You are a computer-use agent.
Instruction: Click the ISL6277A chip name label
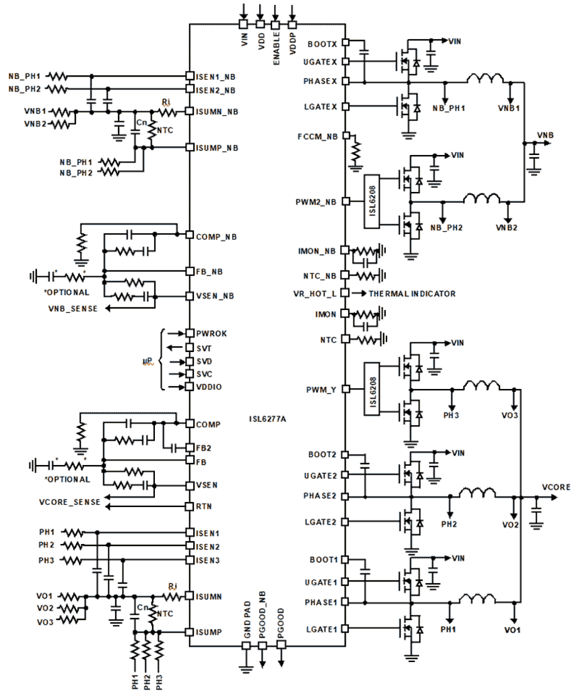pyautogui.click(x=267, y=419)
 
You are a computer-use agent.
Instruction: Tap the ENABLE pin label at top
pyautogui.click(x=277, y=48)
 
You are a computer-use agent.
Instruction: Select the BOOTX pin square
pyautogui.click(x=345, y=42)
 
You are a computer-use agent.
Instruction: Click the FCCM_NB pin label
pyautogui.click(x=317, y=137)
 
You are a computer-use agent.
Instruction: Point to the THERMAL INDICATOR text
pyautogui.click(x=412, y=293)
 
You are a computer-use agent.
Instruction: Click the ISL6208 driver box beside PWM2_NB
pyautogui.click(x=372, y=201)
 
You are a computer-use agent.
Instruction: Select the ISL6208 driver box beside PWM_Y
pyautogui.click(x=372, y=389)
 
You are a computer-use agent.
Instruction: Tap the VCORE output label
pyautogui.click(x=556, y=487)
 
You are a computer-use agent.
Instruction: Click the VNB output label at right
pyautogui.click(x=545, y=135)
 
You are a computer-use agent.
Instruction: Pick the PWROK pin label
pyautogui.click(x=212, y=334)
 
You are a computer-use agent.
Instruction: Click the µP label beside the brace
pyautogui.click(x=148, y=361)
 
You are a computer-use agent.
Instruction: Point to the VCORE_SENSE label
pyautogui.click(x=70, y=502)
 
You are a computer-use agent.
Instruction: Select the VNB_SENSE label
pyautogui.click(x=73, y=309)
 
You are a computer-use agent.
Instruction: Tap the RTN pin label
pyautogui.click(x=204, y=507)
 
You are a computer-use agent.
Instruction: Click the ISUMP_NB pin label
pyautogui.click(x=217, y=148)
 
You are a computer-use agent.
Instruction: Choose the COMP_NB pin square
pyautogui.click(x=189, y=235)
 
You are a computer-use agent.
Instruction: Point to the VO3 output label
pyautogui.click(x=510, y=415)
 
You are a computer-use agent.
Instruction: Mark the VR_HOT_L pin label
pyautogui.click(x=314, y=293)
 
